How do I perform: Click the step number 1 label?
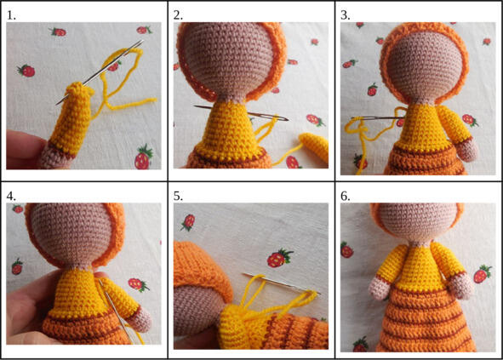pyautogui.click(x=11, y=15)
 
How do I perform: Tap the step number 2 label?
pyautogui.click(x=179, y=15)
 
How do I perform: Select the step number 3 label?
pyautogui.click(x=346, y=15)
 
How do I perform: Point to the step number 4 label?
pyautogui.click(x=11, y=197)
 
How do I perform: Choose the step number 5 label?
pyautogui.click(x=179, y=197)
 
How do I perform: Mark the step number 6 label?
pyautogui.click(x=346, y=197)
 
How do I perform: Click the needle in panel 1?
pyautogui.click(x=100, y=72)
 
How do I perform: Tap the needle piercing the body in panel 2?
pyautogui.click(x=241, y=112)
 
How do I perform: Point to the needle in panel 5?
pyautogui.click(x=280, y=283)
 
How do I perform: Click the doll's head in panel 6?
pyautogui.click(x=416, y=220)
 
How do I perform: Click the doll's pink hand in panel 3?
pyautogui.click(x=466, y=150)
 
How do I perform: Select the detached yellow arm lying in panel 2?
pyautogui.click(x=314, y=147)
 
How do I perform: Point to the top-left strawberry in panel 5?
pyautogui.click(x=188, y=222)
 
